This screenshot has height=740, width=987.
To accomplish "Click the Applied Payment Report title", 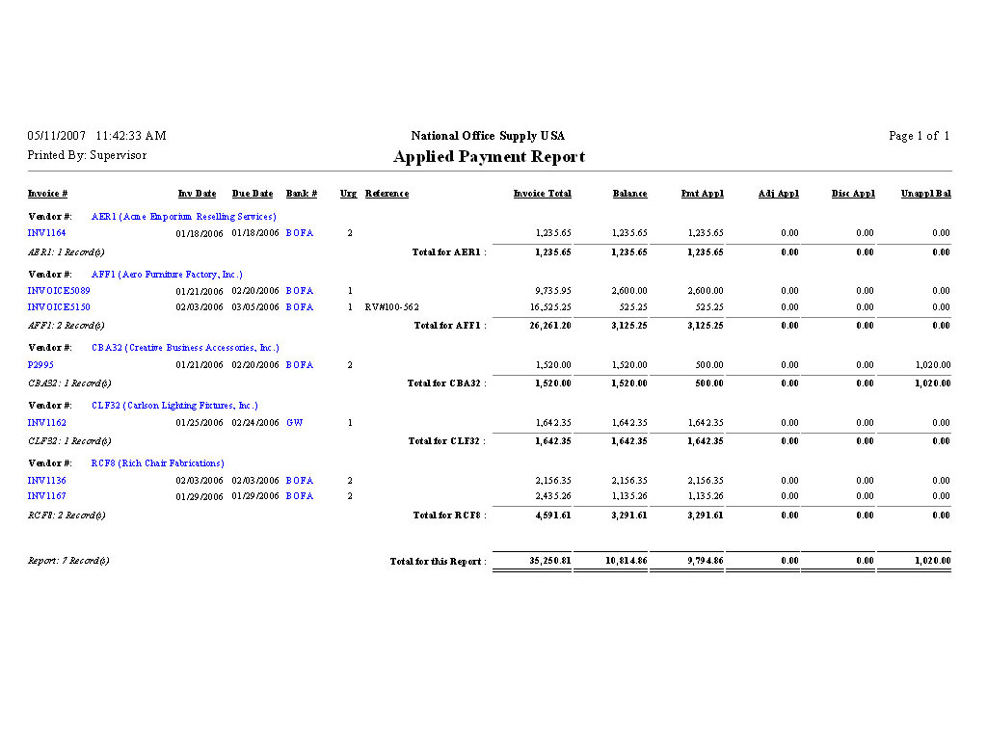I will click(489, 157).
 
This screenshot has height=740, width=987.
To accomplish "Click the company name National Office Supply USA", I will click(488, 136).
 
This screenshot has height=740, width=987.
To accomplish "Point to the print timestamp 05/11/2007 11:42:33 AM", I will click(96, 136).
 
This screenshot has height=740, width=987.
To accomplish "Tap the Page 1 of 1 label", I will click(919, 136).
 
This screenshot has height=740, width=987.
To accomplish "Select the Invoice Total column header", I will click(542, 194).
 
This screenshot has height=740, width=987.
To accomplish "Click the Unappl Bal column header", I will click(926, 194).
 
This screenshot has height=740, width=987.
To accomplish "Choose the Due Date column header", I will click(253, 194).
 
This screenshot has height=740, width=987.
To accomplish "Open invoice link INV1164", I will click(46, 233).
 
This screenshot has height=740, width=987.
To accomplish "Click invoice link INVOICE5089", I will click(59, 291).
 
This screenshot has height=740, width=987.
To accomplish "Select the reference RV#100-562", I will click(391, 307).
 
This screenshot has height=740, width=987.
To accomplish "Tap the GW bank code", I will click(294, 423).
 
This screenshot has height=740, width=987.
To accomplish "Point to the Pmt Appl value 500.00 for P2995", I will click(708, 365).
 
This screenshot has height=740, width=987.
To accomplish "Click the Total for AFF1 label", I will click(449, 326).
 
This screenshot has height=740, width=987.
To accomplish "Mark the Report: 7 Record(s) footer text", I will click(67, 561).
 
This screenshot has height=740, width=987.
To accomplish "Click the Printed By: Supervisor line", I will click(87, 155).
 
